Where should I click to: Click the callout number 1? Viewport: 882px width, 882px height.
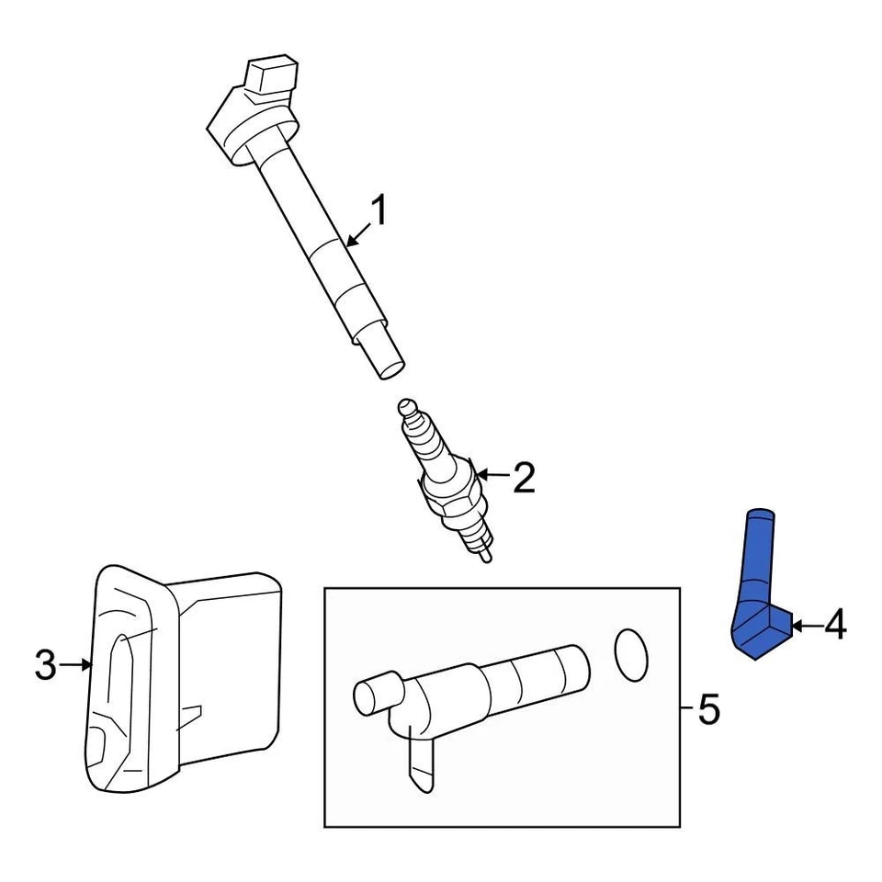click(x=379, y=213)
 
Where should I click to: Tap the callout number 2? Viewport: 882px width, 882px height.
click(x=523, y=478)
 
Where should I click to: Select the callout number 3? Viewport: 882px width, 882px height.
click(x=46, y=666)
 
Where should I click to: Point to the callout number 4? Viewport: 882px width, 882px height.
click(x=834, y=626)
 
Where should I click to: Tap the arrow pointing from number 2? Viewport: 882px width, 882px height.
click(x=491, y=475)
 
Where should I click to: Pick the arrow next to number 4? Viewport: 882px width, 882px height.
click(x=806, y=626)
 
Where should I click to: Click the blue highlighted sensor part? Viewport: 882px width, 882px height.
click(x=759, y=588)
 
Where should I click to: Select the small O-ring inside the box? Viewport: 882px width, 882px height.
click(x=630, y=656)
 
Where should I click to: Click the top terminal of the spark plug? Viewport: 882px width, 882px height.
click(x=406, y=407)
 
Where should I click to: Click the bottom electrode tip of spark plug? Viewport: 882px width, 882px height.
click(x=484, y=555)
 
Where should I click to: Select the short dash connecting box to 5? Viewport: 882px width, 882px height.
click(x=687, y=708)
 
